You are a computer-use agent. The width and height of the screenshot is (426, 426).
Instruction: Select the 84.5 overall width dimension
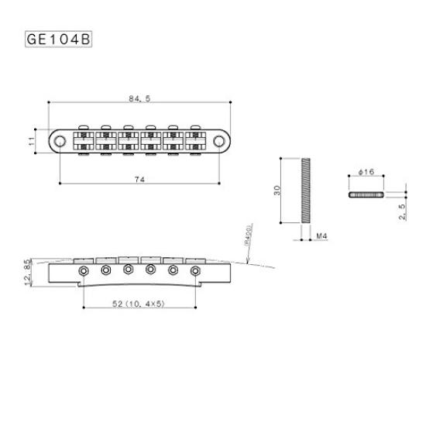click(x=140, y=98)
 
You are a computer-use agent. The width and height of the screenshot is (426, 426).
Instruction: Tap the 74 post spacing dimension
click(x=140, y=179)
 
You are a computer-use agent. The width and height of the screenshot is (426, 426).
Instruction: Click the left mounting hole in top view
click(x=60, y=140)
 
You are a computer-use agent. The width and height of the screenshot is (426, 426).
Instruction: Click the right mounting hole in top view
click(x=221, y=140)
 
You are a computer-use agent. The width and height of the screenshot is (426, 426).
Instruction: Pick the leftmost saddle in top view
click(x=82, y=140)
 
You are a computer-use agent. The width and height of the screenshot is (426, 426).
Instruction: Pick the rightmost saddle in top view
click(x=197, y=140)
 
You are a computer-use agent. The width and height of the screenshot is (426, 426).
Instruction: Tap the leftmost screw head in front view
click(x=82, y=270)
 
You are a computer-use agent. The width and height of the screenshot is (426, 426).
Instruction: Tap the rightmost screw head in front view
click(x=197, y=270)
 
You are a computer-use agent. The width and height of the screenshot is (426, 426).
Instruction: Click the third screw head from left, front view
click(x=128, y=270)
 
